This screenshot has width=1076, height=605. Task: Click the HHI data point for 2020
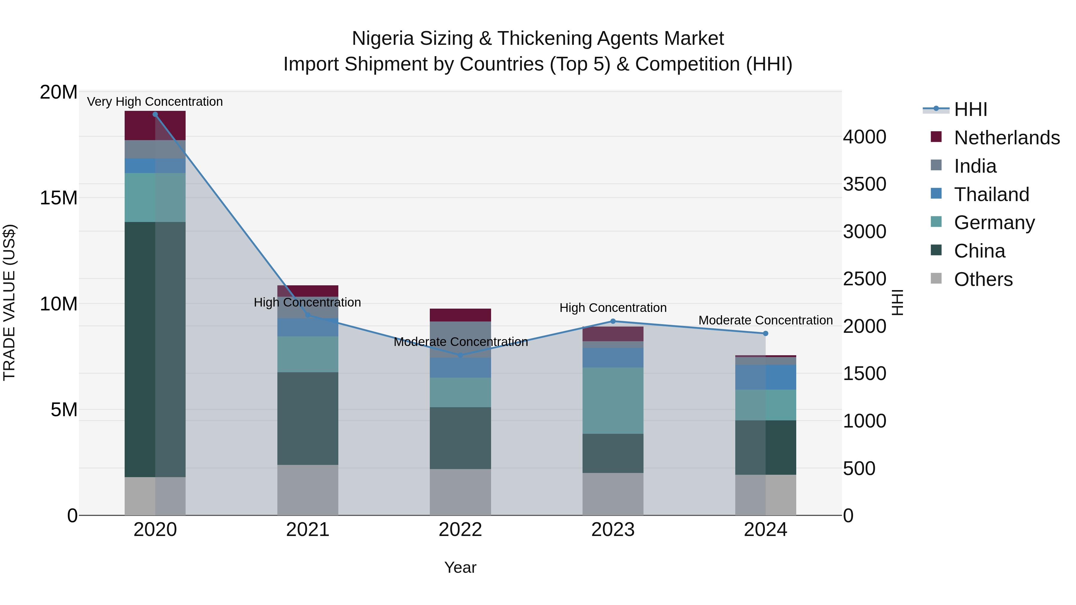point(155,114)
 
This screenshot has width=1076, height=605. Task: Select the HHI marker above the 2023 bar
point(613,321)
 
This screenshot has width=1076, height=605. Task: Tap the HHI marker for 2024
point(765,333)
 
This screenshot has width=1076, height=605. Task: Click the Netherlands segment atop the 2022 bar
point(460,315)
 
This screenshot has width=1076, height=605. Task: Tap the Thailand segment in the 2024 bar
point(765,377)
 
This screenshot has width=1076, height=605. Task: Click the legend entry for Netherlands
point(1007,138)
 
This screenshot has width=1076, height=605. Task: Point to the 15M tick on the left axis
point(59,198)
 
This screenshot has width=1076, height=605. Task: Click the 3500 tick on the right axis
point(864,184)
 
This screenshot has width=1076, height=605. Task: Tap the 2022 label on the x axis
point(460,529)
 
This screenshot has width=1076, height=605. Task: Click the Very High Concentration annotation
point(155,102)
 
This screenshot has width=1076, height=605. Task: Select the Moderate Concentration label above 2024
point(765,320)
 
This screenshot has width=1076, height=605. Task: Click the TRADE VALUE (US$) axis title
point(9,303)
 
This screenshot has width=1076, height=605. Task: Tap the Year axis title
point(460,567)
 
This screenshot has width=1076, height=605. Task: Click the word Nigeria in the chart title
point(383,39)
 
